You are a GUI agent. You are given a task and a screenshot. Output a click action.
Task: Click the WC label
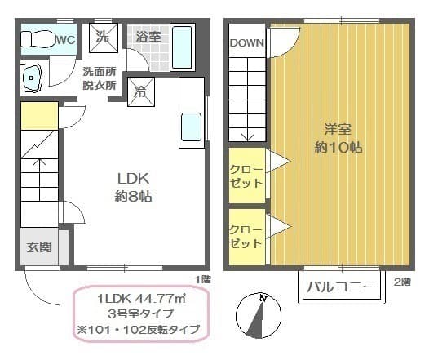point(66,38)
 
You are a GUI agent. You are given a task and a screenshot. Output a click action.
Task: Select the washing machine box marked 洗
point(103,37)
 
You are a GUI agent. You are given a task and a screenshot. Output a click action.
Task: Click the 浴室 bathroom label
point(148,37)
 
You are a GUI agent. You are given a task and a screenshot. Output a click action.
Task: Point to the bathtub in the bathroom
point(182,48)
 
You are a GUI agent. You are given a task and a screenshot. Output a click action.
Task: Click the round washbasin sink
point(33,78)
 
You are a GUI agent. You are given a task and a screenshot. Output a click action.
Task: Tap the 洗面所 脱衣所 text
point(100,78)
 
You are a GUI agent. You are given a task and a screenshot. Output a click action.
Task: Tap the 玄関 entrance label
point(38,247)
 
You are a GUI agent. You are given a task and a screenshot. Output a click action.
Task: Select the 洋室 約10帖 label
point(338,139)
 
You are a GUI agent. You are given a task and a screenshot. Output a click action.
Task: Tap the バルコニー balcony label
point(341,288)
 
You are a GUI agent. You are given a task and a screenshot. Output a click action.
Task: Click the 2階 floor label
point(402,282)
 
